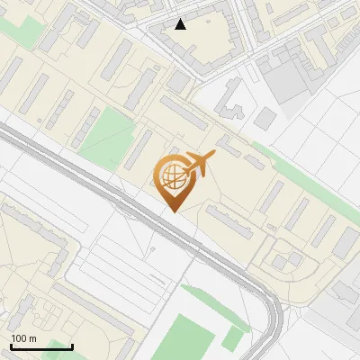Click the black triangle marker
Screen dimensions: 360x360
[181, 24]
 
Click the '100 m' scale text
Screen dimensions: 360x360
[23, 338]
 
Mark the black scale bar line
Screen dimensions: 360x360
[41, 347]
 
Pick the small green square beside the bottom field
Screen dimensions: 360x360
[233, 338]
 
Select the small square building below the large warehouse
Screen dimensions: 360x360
[265, 119]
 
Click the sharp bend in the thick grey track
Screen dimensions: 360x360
[270, 301]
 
